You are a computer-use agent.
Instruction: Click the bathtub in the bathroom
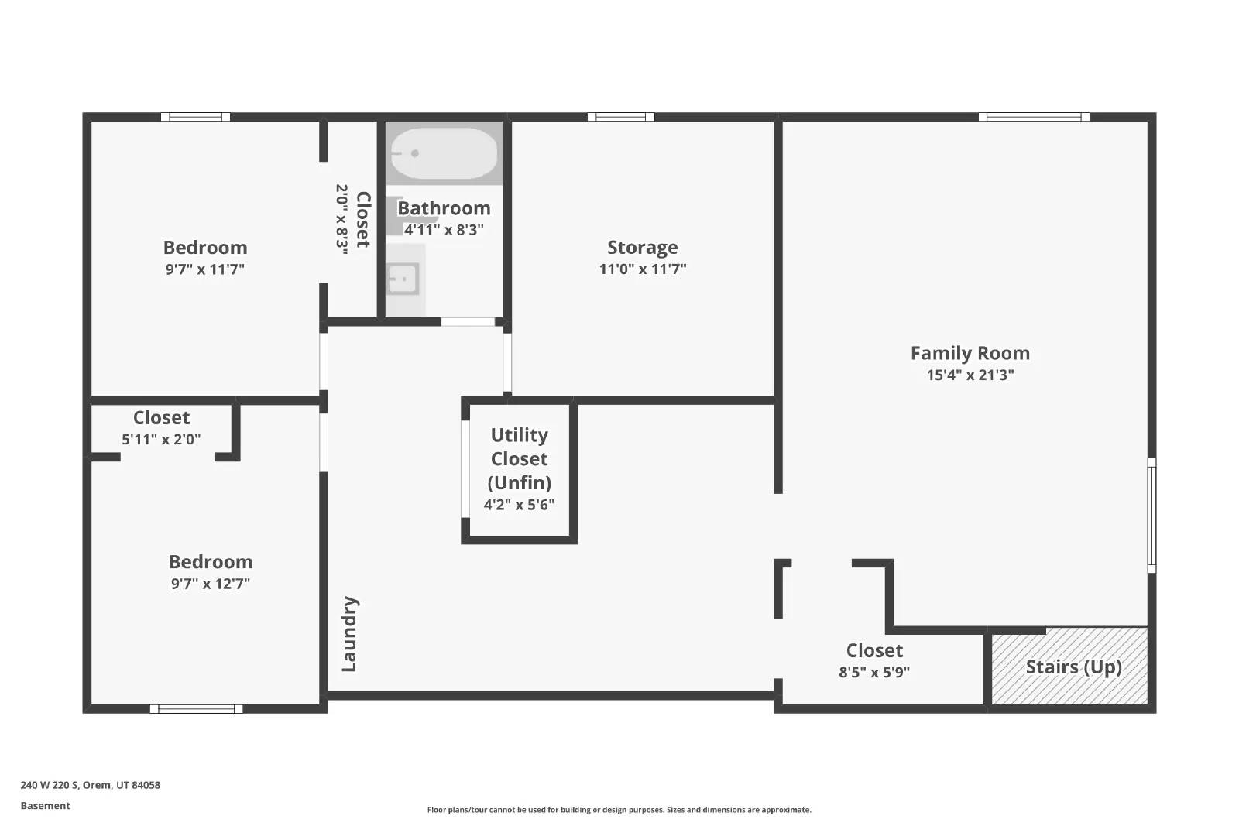pos(443,153)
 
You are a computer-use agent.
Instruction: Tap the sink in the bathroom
pos(403,279)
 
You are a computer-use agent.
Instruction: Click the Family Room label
pos(970,353)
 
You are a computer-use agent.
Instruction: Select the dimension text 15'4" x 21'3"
pos(970,375)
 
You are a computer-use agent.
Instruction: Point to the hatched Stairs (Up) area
pos(1073,667)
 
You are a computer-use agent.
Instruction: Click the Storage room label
pos(642,247)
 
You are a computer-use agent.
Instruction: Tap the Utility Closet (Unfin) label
pos(519,458)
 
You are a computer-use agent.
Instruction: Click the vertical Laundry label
pos(349,634)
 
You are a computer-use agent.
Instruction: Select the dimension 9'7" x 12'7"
pos(210,584)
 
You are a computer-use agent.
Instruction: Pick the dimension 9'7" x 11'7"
pos(205,269)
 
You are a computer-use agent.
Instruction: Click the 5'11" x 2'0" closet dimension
pos(161,439)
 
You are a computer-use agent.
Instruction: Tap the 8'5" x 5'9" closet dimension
pos(873,672)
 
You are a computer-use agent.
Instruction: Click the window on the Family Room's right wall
pos(1151,515)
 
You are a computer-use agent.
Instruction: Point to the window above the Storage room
pos(620,117)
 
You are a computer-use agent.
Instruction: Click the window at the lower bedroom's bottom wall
pos(196,708)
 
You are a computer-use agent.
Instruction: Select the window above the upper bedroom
pos(195,117)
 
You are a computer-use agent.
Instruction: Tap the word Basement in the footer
pos(45,805)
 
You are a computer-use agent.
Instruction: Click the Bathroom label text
pos(444,208)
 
